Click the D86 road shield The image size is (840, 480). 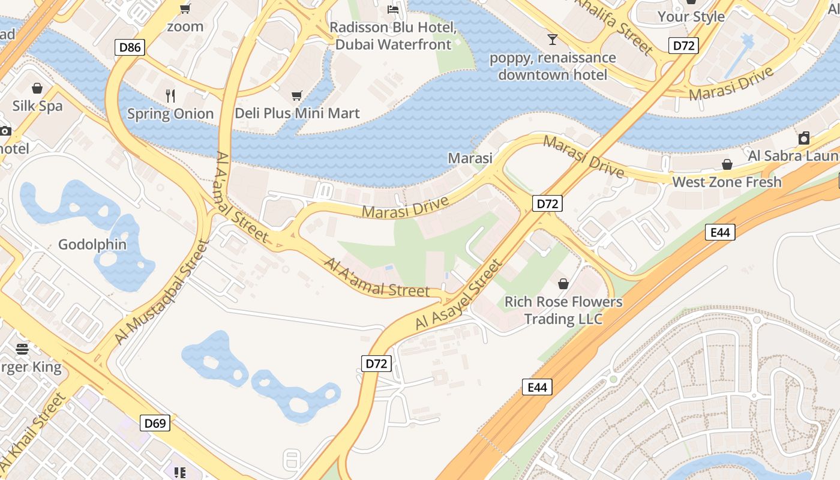130,47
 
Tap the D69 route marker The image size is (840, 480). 155,423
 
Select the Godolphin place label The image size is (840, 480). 92,244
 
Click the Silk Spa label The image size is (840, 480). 38,106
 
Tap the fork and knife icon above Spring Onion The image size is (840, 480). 170,95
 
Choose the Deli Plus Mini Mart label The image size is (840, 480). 297,113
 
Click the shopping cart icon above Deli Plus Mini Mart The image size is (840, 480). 296,95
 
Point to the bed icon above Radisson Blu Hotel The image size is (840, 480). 393,9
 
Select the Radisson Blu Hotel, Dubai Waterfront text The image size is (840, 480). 394,36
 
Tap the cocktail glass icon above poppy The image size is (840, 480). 553,40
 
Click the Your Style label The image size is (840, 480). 691,16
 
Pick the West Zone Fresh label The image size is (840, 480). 727,182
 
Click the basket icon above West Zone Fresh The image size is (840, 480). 727,164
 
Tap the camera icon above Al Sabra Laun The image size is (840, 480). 804,139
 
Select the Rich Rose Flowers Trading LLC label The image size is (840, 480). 563,310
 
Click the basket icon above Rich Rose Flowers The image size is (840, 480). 563,284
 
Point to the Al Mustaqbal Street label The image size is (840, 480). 162,292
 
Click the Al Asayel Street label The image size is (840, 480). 458,295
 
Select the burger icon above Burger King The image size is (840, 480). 22,349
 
